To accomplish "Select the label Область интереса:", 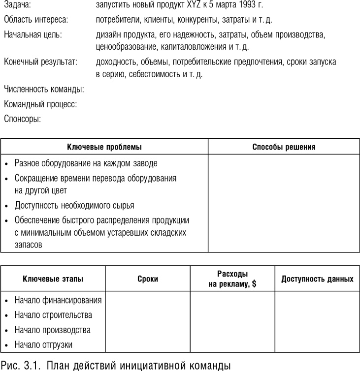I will pos(36,20).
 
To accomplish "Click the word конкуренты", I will pos(198,20).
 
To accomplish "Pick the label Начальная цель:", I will pos(33,35).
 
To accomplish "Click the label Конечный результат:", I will pos(41,62).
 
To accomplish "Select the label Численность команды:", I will pos(44,90).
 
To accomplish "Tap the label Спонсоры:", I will pos(22,119).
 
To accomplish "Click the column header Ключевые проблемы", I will pos(104,147).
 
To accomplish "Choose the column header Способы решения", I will pos(284,147).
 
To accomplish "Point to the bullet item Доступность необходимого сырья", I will pos(74,205).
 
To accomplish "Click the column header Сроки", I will pos(148,279).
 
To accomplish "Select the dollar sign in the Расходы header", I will pos(254,284).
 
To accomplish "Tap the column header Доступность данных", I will pos(317,279).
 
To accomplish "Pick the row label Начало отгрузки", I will pos(43,344).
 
